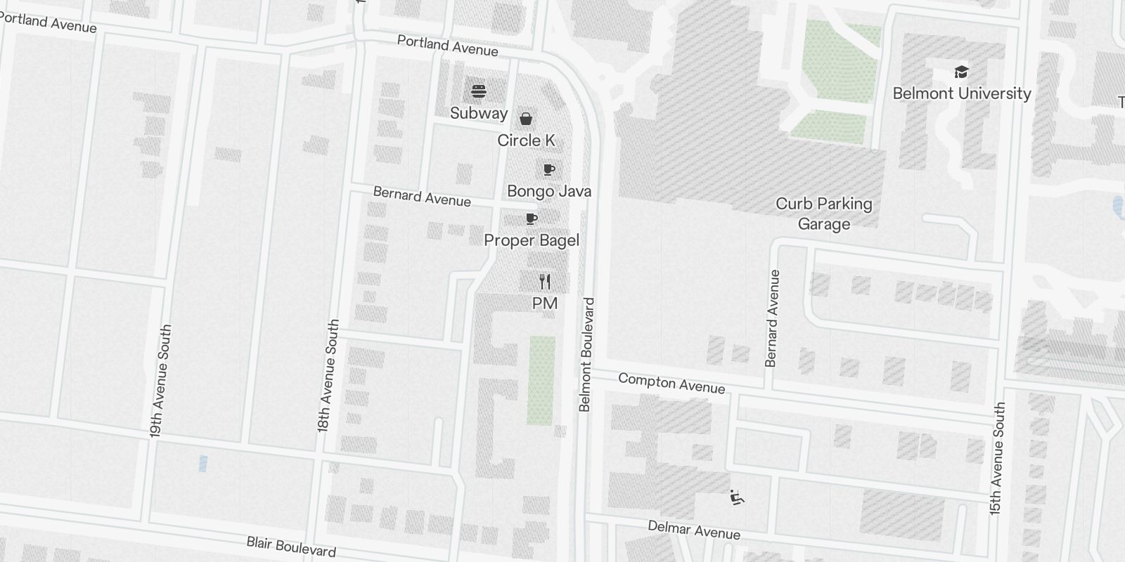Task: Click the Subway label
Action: pyautogui.click(x=478, y=113)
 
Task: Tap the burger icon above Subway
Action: pyautogui.click(x=479, y=91)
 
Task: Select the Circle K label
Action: pyautogui.click(x=526, y=140)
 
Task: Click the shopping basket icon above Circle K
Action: pyautogui.click(x=526, y=119)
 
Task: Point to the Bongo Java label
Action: pyautogui.click(x=549, y=191)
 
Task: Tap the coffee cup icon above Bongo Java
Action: pyautogui.click(x=549, y=170)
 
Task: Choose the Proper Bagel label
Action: pyautogui.click(x=532, y=240)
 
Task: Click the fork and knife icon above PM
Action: pyautogui.click(x=545, y=282)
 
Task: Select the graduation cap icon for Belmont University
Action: pyautogui.click(x=961, y=72)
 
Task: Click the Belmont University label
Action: pyautogui.click(x=961, y=93)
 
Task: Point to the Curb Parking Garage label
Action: pyautogui.click(x=823, y=214)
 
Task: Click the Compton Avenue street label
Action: pyautogui.click(x=671, y=383)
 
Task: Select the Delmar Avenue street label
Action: pyautogui.click(x=694, y=530)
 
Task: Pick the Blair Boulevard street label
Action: pyautogui.click(x=291, y=547)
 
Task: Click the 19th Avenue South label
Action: pyautogui.click(x=160, y=381)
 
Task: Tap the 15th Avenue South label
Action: pyautogui.click(x=997, y=459)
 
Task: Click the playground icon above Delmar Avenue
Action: pyautogui.click(x=736, y=498)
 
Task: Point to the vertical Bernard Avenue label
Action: pyautogui.click(x=772, y=318)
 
